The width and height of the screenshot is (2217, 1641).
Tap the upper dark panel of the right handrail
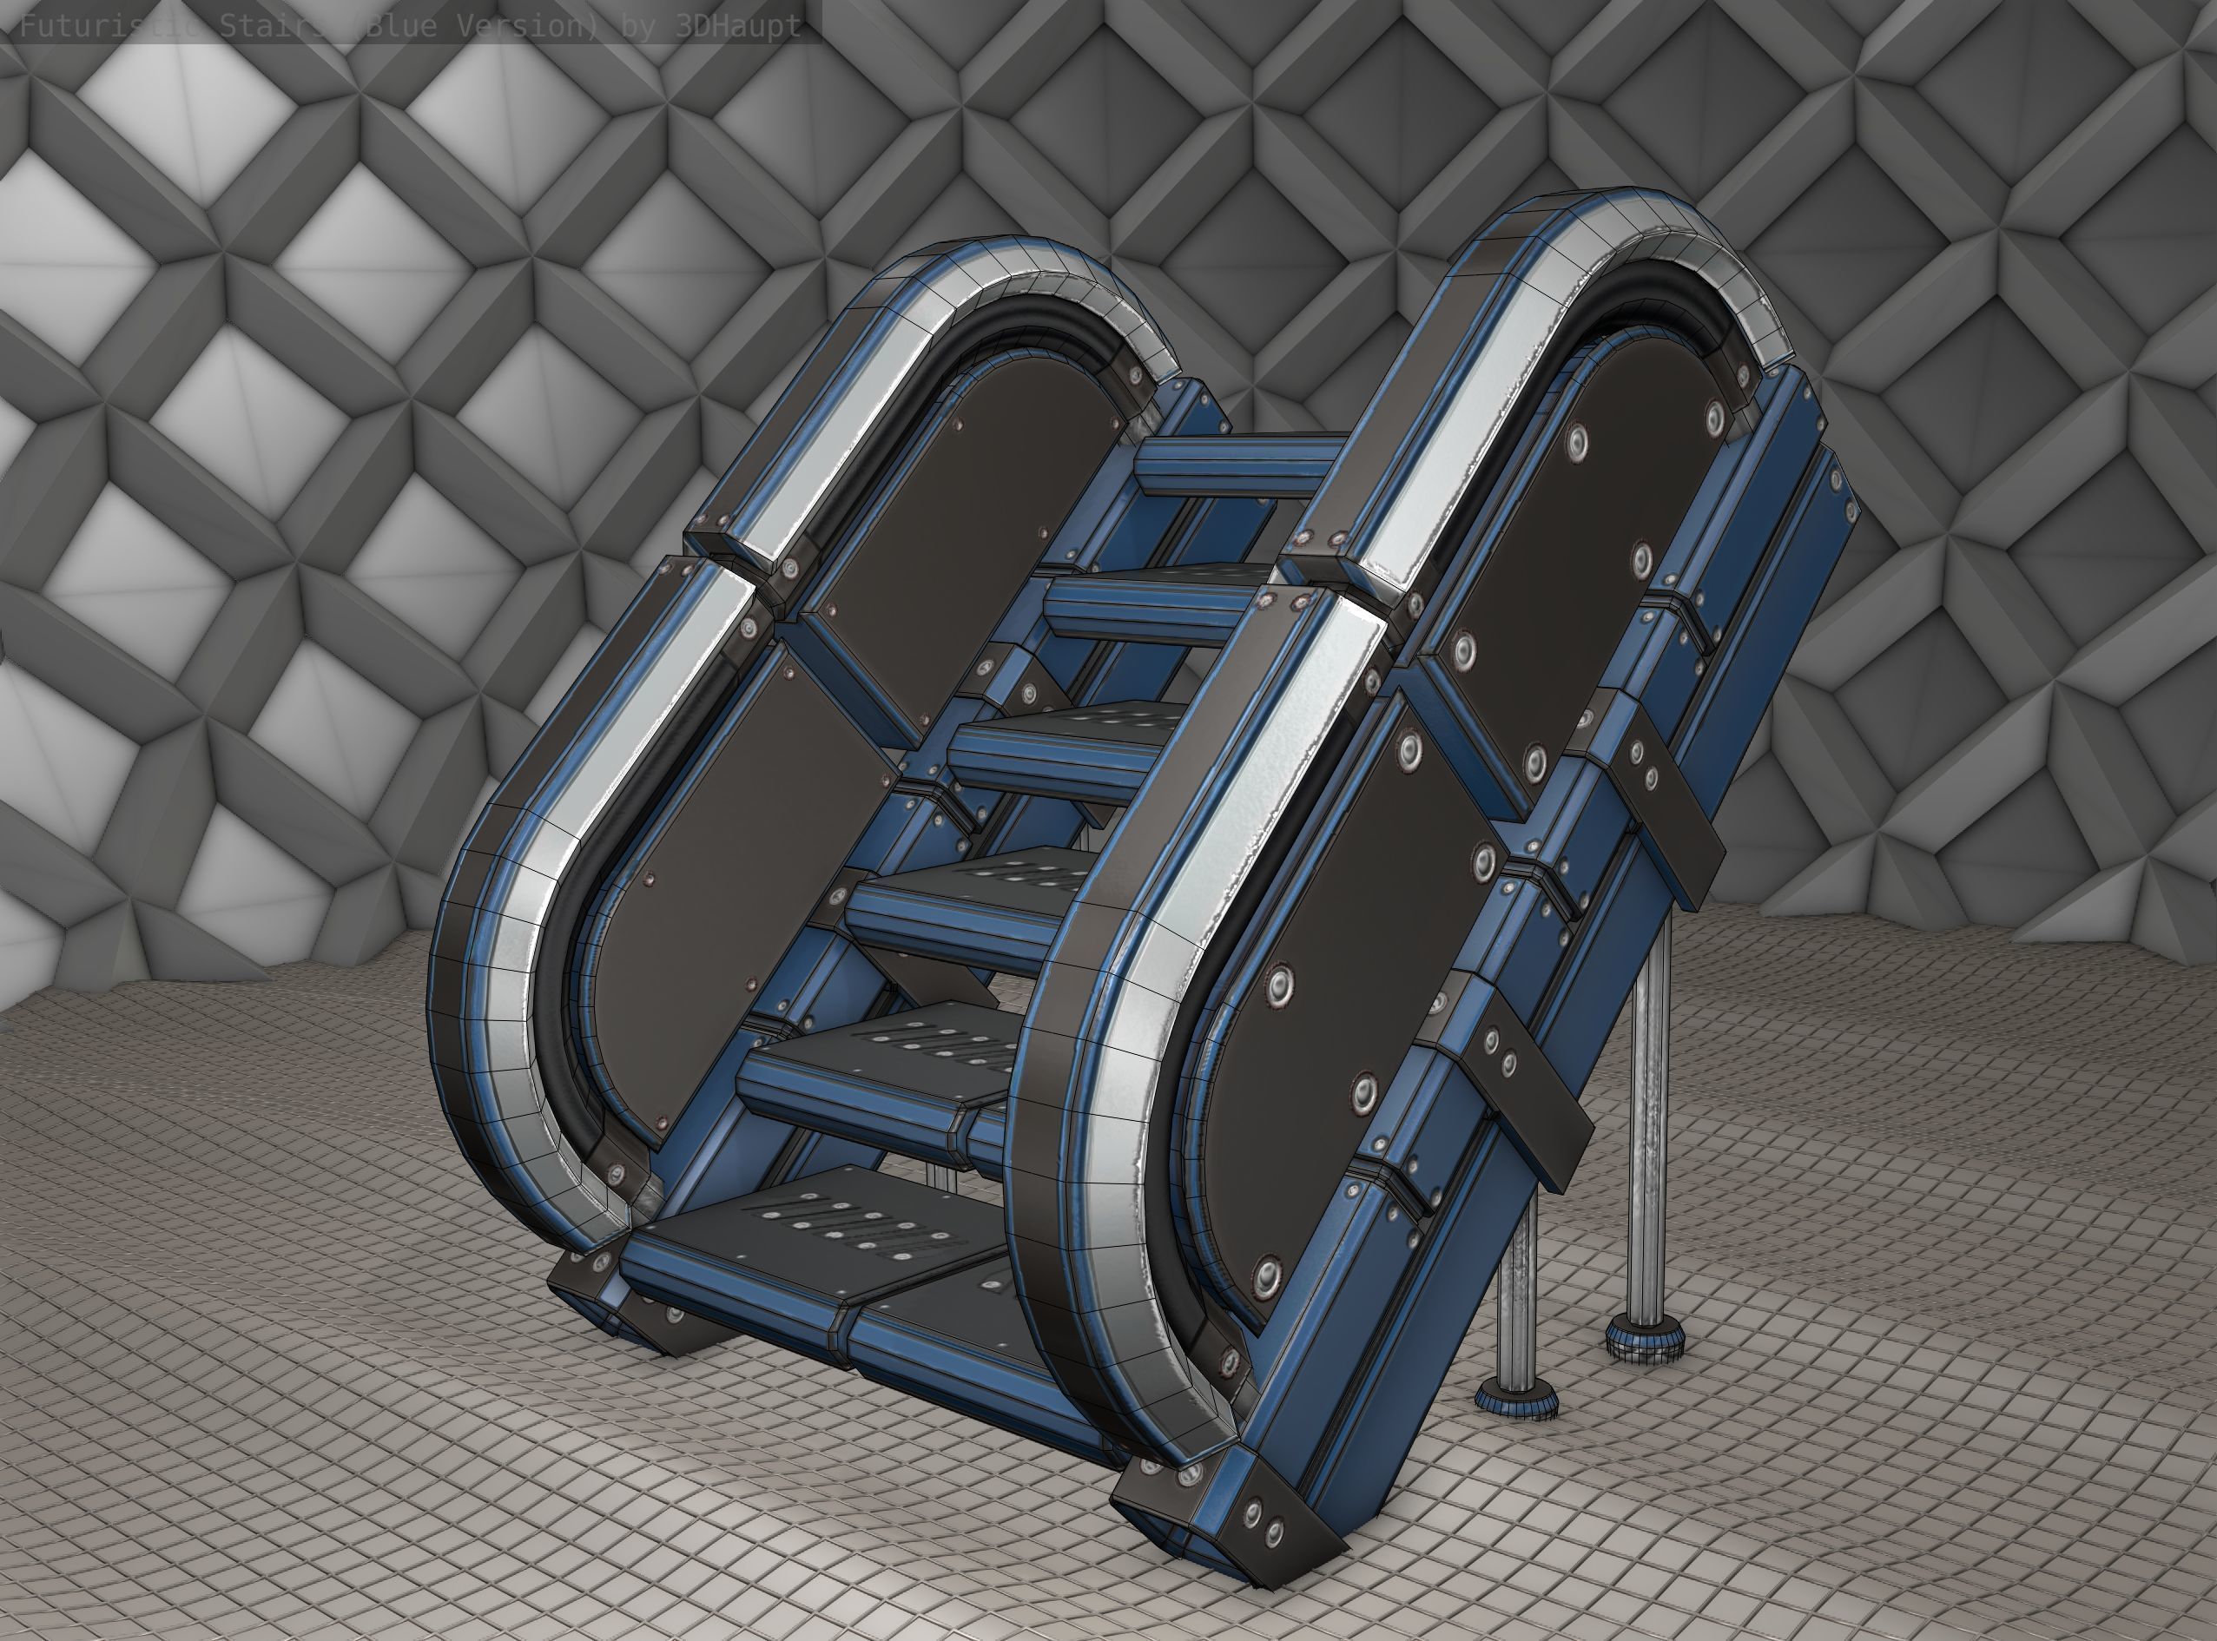point(1589,517)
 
